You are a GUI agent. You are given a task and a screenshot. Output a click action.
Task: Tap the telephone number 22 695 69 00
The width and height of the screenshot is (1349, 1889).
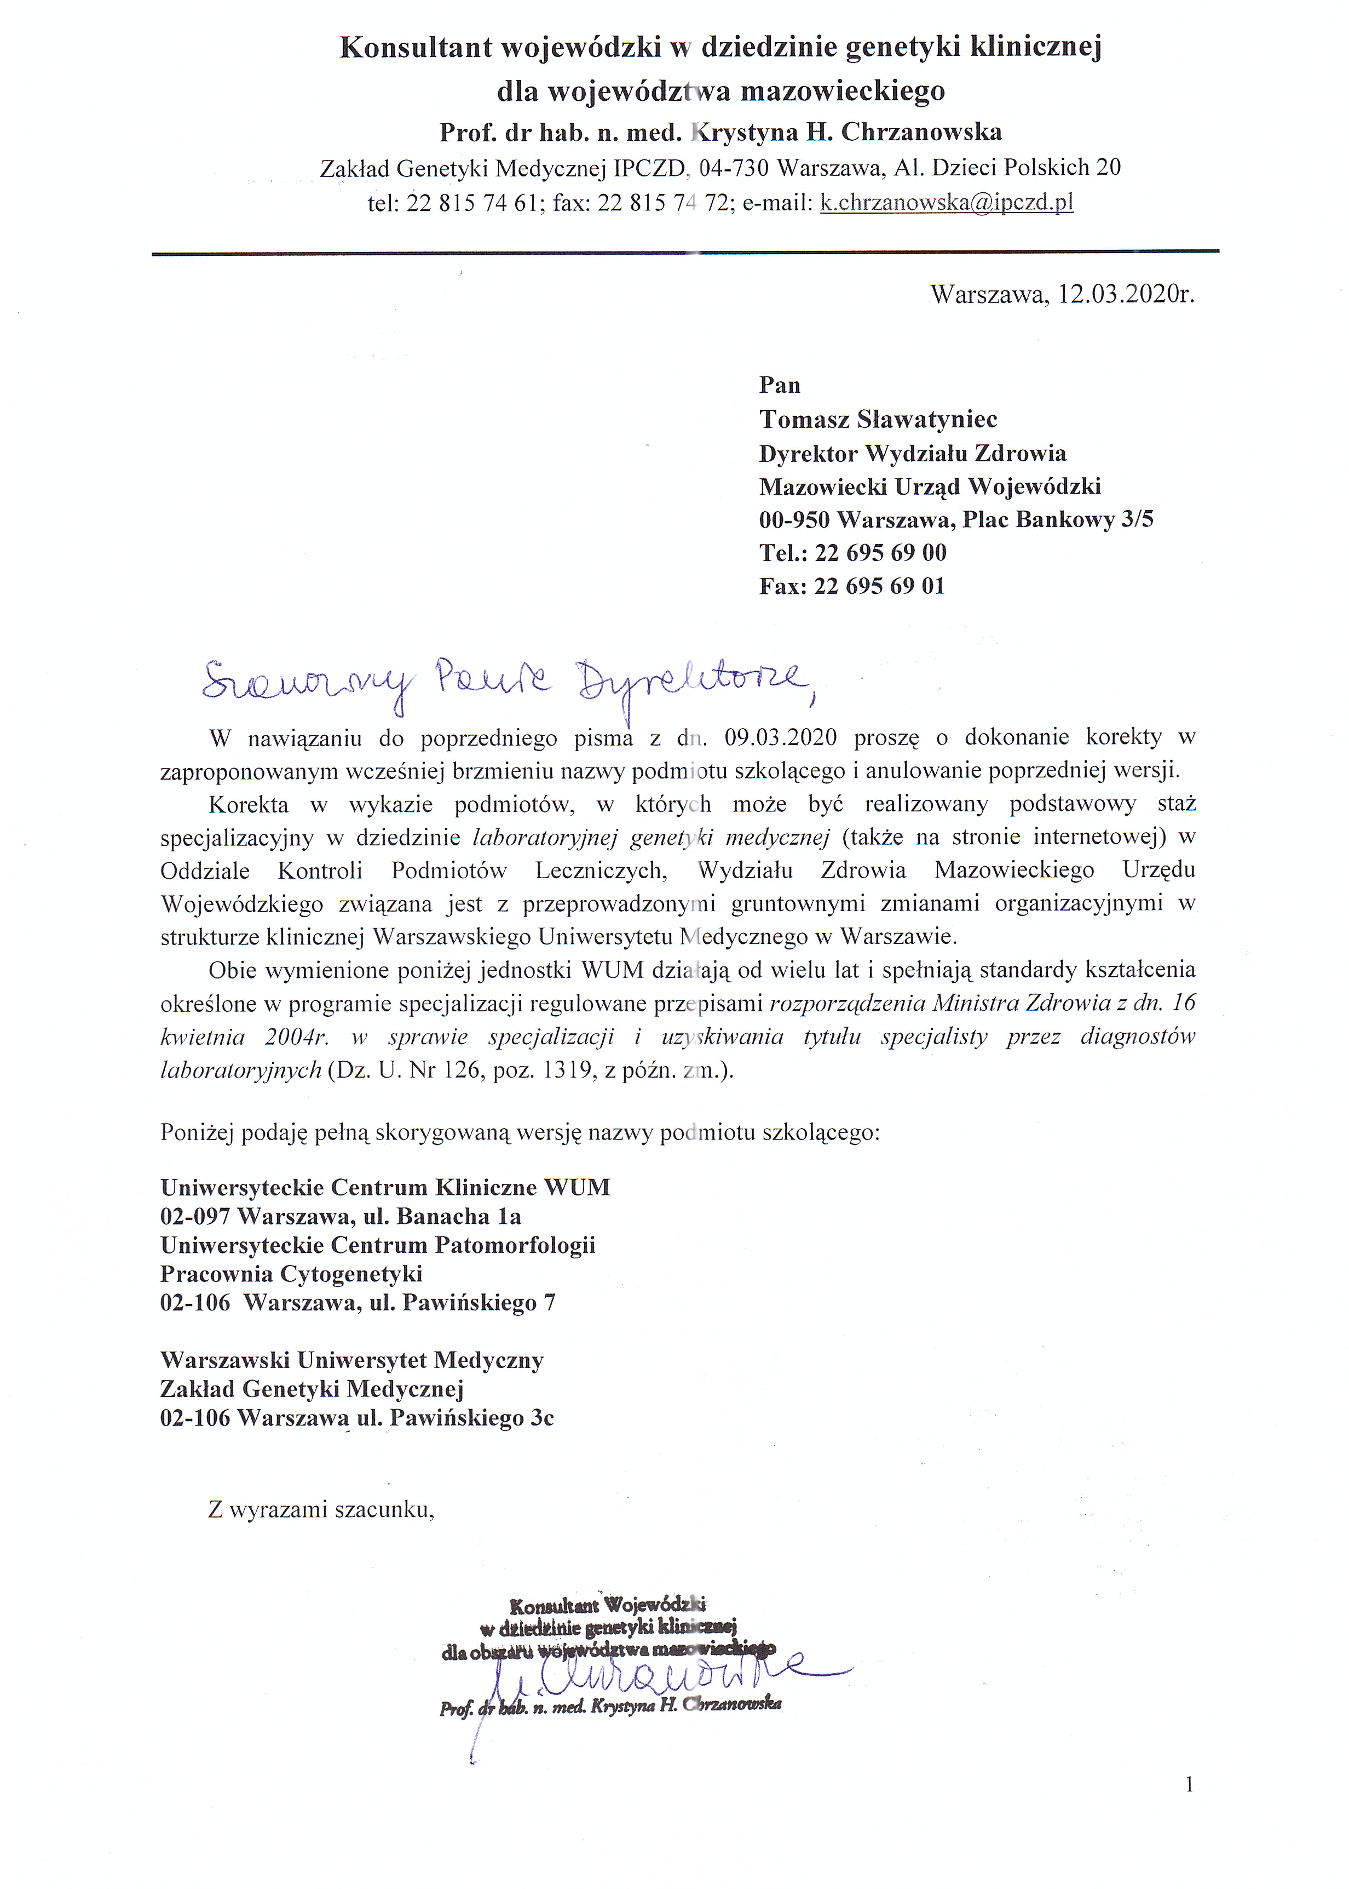[x=880, y=553]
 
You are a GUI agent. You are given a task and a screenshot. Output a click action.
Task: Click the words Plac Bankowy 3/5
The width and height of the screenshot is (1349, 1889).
[x=1057, y=519]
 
